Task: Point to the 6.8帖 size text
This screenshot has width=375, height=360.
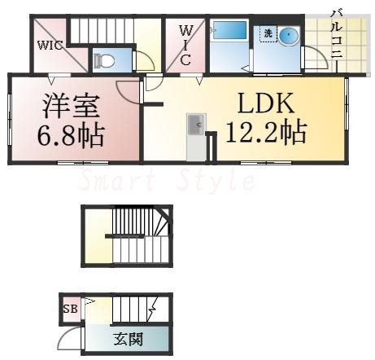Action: tap(71, 134)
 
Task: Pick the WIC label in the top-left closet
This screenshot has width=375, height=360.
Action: tap(48, 46)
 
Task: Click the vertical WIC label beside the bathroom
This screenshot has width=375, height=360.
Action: tap(185, 46)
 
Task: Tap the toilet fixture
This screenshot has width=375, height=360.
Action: tap(102, 59)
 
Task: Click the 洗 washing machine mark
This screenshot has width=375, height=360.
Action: tap(266, 34)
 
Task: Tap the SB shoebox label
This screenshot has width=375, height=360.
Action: tap(71, 309)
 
